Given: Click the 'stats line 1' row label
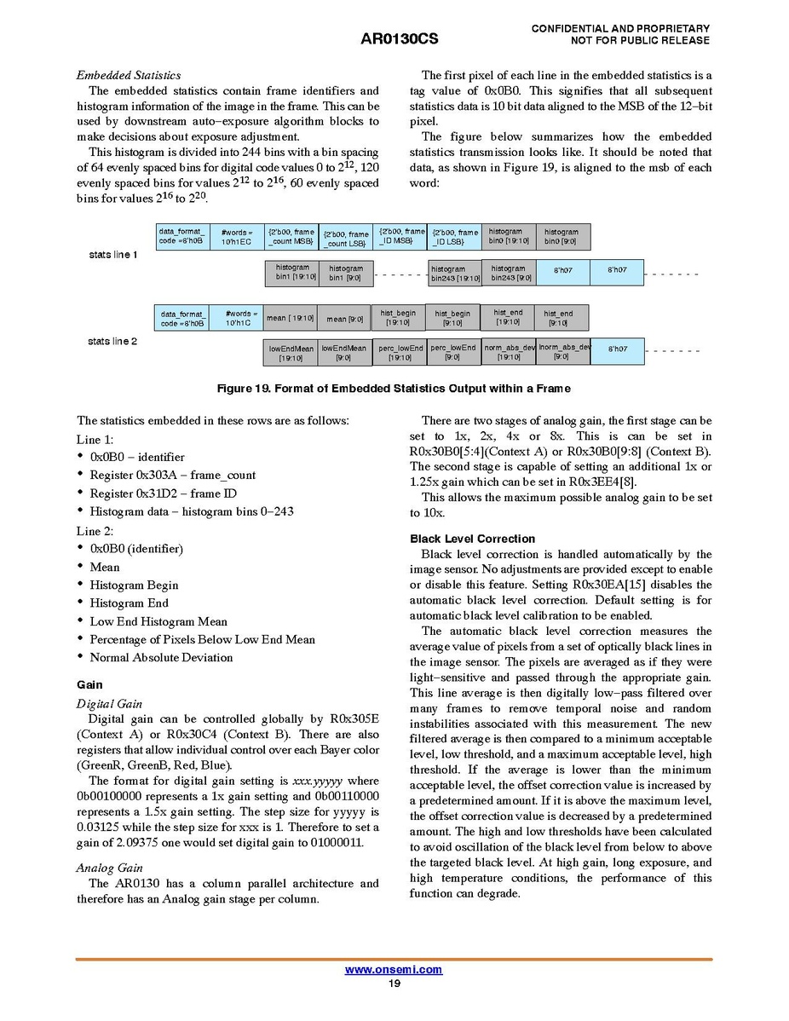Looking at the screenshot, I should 113,255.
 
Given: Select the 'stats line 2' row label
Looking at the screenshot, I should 113,341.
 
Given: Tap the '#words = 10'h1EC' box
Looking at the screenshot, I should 237,237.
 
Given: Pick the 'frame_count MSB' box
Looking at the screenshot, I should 291,237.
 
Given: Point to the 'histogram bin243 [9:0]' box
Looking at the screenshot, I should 509,273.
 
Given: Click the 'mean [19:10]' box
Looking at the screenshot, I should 291,318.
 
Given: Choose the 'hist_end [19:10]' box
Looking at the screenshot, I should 508,317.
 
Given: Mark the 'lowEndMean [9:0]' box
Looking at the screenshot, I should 343,353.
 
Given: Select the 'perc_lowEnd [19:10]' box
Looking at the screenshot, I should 400,353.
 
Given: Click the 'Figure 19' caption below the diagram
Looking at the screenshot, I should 394,389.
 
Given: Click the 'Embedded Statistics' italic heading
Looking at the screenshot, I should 129,75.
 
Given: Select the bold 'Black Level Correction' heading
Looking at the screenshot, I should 472,539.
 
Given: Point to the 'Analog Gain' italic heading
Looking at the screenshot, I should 109,868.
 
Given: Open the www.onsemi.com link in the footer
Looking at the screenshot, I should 394,970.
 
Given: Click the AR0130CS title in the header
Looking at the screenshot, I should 394,39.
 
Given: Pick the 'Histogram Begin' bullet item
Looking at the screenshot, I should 135,585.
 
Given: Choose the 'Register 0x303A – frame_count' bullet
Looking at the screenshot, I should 172,476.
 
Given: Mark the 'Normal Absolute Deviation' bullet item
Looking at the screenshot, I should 161,658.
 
